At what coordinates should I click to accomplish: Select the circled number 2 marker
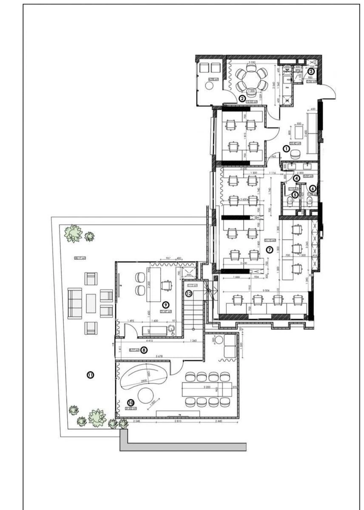coord(242,98)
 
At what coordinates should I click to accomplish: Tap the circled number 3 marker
coord(311,71)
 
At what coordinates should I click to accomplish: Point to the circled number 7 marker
coord(269,249)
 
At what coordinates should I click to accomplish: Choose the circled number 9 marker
coord(166,305)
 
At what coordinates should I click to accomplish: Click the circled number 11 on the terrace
coord(90,375)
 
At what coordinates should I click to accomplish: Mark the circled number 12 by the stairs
coord(188,293)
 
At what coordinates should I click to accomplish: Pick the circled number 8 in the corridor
coord(144,350)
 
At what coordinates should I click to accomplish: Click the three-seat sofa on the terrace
coord(75,303)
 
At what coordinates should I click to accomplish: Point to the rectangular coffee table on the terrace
coord(91,303)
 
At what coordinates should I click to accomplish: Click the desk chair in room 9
coord(167,285)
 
